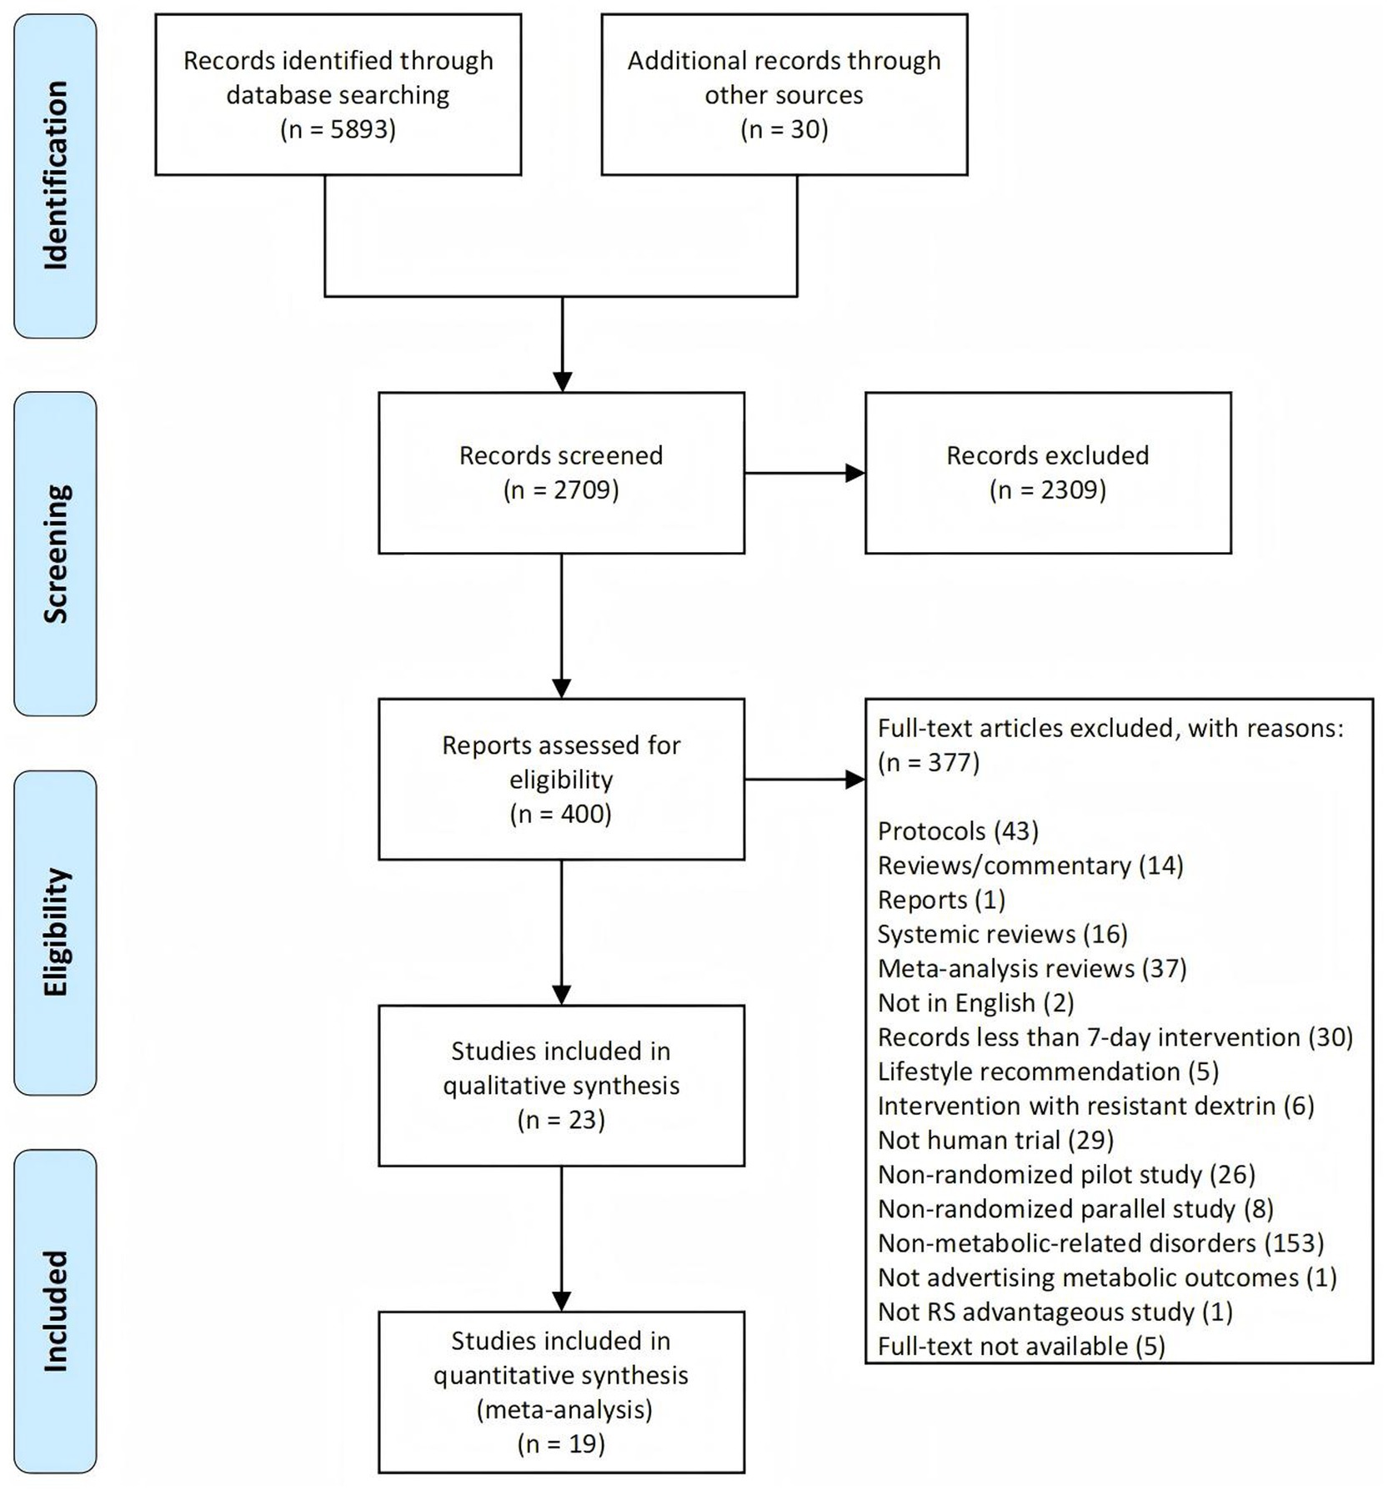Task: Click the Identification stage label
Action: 55,175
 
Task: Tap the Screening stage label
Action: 55,554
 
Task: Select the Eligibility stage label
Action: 55,932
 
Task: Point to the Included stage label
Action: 55,1311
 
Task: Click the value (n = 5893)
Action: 338,129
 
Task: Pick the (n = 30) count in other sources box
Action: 784,129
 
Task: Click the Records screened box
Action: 561,473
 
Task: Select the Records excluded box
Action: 1048,473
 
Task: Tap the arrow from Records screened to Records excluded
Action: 804,473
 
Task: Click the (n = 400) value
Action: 561,814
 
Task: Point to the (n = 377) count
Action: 929,762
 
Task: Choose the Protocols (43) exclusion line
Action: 958,831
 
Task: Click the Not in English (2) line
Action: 976,1002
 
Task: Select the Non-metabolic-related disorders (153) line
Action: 1101,1243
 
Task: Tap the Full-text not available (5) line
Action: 1021,1346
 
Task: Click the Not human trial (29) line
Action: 995,1140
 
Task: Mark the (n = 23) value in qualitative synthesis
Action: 561,1120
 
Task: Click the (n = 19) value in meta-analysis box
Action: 561,1443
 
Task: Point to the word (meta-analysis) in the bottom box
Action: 564,1409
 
